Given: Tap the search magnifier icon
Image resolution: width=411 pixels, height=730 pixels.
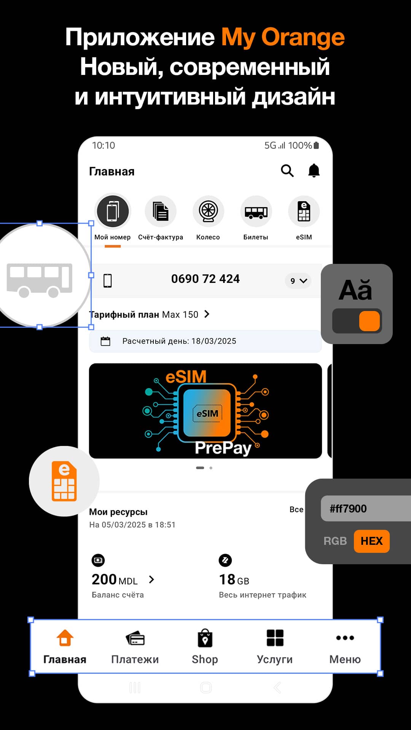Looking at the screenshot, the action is pyautogui.click(x=287, y=171).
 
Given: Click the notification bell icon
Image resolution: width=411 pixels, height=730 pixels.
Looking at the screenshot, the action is pyautogui.click(x=314, y=171).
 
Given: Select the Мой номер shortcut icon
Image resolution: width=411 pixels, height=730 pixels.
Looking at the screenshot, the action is pyautogui.click(x=113, y=211).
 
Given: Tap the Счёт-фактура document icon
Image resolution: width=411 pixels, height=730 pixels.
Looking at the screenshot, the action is pyautogui.click(x=161, y=211).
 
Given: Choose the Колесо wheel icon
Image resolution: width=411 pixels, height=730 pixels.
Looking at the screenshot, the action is pyautogui.click(x=208, y=211).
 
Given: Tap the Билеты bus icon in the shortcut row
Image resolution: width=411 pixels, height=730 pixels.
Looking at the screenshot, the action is pyautogui.click(x=256, y=211).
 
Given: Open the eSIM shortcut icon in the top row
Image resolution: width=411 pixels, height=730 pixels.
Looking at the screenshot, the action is pyautogui.click(x=304, y=211).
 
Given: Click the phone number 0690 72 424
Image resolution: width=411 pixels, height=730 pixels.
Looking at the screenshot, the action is pyautogui.click(x=205, y=279).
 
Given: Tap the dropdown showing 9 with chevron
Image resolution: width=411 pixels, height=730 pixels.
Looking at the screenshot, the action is pyautogui.click(x=298, y=281).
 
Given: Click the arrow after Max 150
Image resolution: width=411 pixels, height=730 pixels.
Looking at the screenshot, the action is pyautogui.click(x=207, y=314).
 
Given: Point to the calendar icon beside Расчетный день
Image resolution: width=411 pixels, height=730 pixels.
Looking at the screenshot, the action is pyautogui.click(x=105, y=341).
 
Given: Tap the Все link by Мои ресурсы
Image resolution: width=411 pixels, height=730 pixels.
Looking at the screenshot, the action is pyautogui.click(x=296, y=509).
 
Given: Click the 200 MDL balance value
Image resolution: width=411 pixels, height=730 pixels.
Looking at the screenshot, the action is pyautogui.click(x=115, y=579).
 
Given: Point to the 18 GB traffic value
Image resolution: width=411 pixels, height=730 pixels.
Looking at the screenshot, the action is pyautogui.click(x=234, y=579).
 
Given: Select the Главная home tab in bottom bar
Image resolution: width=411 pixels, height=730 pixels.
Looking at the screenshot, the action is pyautogui.click(x=65, y=647).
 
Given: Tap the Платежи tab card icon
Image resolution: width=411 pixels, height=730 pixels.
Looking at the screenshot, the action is pyautogui.click(x=135, y=638).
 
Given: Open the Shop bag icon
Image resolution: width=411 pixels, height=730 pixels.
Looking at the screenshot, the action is pyautogui.click(x=205, y=638).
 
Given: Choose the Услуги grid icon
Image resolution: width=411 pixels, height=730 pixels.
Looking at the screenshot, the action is pyautogui.click(x=275, y=638).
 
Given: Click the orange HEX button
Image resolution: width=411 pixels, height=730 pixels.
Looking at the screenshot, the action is pyautogui.click(x=371, y=541).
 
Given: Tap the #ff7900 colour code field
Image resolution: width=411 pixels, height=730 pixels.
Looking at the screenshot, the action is pyautogui.click(x=366, y=508).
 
